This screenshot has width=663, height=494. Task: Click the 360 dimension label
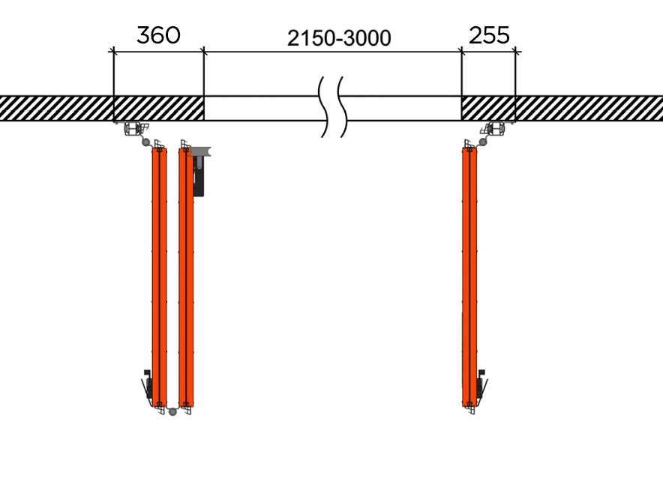158,35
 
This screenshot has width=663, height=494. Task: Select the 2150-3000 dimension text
339,38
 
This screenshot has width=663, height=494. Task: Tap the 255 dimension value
489,35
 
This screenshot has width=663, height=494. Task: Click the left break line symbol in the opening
325,107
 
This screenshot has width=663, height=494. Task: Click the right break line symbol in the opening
343,107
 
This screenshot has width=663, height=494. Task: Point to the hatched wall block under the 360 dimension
158,108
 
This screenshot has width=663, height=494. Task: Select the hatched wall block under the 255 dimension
488,108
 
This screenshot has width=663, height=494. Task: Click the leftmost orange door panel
160,277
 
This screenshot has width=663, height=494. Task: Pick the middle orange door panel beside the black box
186,277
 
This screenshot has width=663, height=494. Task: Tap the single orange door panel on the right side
469,277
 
